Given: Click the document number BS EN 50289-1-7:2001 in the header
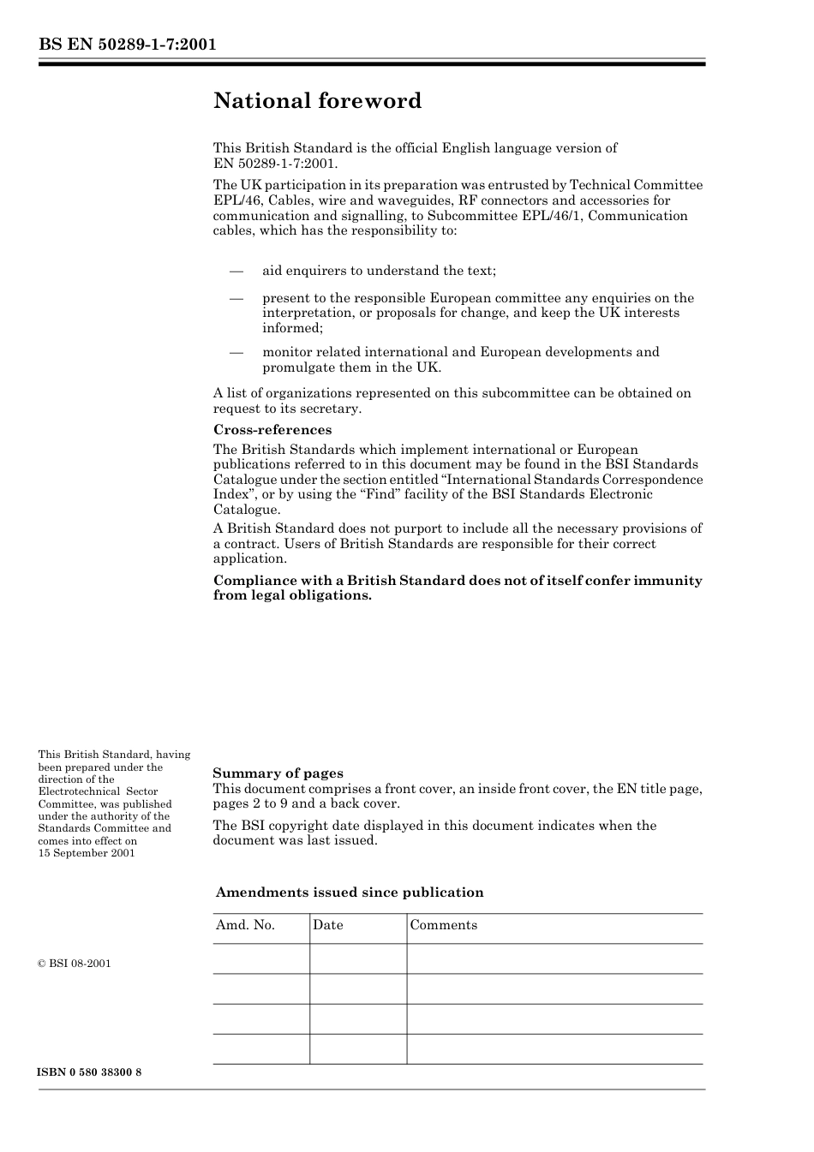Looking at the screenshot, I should (x=127, y=45).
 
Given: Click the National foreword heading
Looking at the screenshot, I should (x=317, y=101).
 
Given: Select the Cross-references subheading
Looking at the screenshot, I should (x=272, y=430).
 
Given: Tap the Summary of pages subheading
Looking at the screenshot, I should (x=278, y=773).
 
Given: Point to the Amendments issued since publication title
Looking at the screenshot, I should (x=350, y=892).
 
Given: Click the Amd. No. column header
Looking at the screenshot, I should (x=245, y=925).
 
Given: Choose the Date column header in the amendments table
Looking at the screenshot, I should (x=327, y=925).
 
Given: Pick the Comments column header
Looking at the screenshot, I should (x=444, y=925).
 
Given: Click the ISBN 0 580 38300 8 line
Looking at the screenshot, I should (x=90, y=1072).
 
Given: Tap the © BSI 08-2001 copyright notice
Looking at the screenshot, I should (x=75, y=964).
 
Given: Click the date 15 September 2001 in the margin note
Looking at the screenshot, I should (x=87, y=853).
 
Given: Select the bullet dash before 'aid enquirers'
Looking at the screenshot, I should (x=236, y=272).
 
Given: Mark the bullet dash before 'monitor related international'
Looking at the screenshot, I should (x=236, y=353).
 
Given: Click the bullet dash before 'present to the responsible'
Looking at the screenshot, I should (x=236, y=299).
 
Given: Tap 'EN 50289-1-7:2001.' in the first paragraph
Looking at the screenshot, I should (x=275, y=163).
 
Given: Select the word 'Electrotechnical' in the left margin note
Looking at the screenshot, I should (x=77, y=792).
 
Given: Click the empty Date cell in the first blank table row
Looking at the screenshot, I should (x=358, y=959).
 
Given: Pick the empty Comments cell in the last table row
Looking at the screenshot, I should (x=554, y=1049).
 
